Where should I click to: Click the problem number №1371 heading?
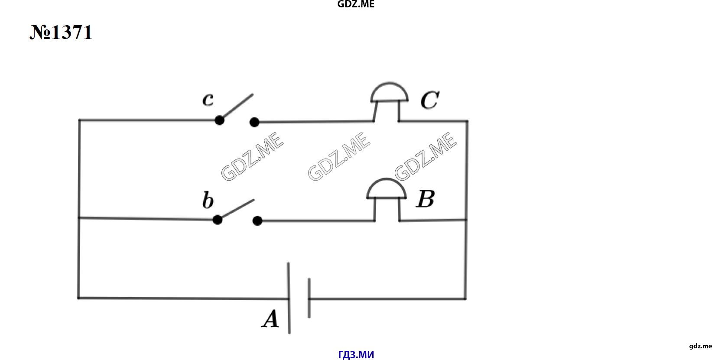coord(61,32)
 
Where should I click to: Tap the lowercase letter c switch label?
coord(208,100)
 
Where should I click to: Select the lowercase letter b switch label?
coord(208,200)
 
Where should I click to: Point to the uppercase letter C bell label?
coord(429,100)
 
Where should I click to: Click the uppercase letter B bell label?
coord(426,198)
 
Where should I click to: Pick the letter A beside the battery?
coord(270,318)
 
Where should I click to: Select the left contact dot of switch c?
coord(220,120)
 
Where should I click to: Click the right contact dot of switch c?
coord(254,122)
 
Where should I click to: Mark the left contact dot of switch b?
coord(218,220)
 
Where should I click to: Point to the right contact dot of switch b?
coord(257,221)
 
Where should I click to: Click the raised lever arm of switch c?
coord(237,107)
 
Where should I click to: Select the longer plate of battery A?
coord(289,298)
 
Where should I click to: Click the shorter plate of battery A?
coord(309,298)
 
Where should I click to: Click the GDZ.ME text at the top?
coord(356,4)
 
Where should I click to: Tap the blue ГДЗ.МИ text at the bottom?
coord(356,355)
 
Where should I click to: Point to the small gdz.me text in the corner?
coord(701,346)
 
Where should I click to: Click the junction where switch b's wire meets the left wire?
coord(79,217)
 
